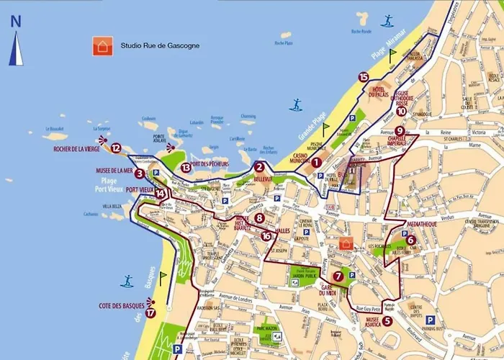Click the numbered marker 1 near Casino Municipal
(x=315, y=162)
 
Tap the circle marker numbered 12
(x=116, y=148)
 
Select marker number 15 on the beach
(x=363, y=77)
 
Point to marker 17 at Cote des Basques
(x=150, y=312)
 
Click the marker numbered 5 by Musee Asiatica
(x=387, y=321)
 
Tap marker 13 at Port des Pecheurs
(x=186, y=168)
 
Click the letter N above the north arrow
(x=16, y=21)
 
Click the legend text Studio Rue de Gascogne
(x=160, y=46)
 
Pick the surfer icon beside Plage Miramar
(x=388, y=21)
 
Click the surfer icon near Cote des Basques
(x=127, y=280)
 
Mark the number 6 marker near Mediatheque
(x=411, y=240)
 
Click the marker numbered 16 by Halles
(x=266, y=235)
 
